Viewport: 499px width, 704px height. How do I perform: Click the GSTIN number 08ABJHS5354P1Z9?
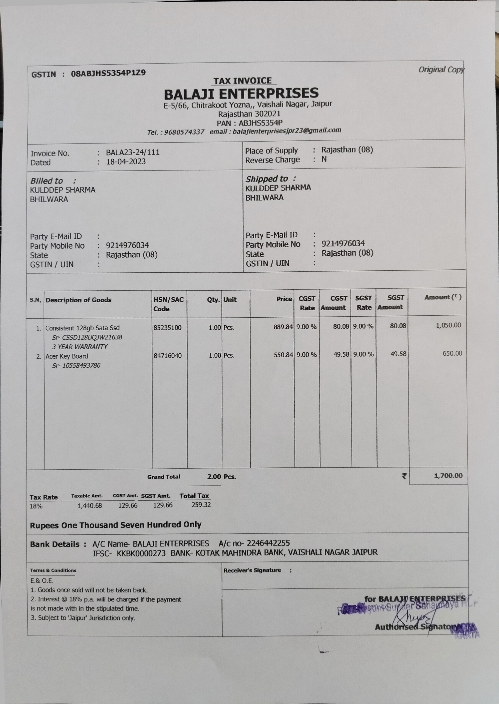[x=108, y=73]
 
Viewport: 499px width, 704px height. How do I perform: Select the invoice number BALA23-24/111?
[x=133, y=152]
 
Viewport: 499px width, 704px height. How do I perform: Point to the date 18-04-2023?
[x=126, y=161]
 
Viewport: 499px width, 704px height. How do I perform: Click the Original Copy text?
[x=441, y=70]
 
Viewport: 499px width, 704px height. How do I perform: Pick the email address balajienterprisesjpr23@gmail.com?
[x=287, y=131]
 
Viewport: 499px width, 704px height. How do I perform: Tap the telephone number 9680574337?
[x=184, y=132]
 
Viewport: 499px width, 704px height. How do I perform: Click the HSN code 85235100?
[x=167, y=328]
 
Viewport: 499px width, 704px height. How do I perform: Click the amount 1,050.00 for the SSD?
[x=448, y=325]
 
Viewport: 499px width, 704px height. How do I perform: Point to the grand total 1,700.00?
[x=448, y=476]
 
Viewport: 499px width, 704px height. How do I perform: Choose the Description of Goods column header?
[x=78, y=300]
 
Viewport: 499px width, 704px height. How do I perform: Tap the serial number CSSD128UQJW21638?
[x=87, y=337]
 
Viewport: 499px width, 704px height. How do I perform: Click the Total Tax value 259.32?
[x=201, y=505]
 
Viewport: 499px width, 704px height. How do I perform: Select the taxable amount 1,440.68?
[x=89, y=506]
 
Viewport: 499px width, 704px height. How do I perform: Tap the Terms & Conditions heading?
[x=53, y=570]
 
